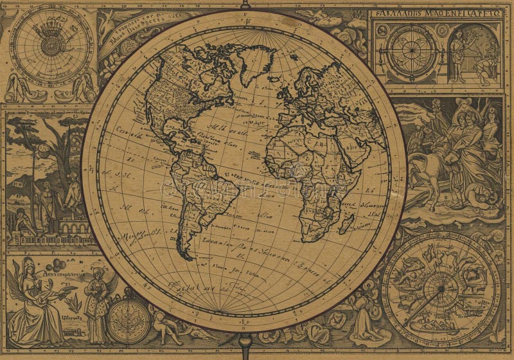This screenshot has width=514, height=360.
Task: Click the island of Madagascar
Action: [x=347, y=223]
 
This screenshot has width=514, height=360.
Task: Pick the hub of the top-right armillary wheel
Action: [x=411, y=51]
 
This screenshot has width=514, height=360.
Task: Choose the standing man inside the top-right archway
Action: [x=457, y=57]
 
